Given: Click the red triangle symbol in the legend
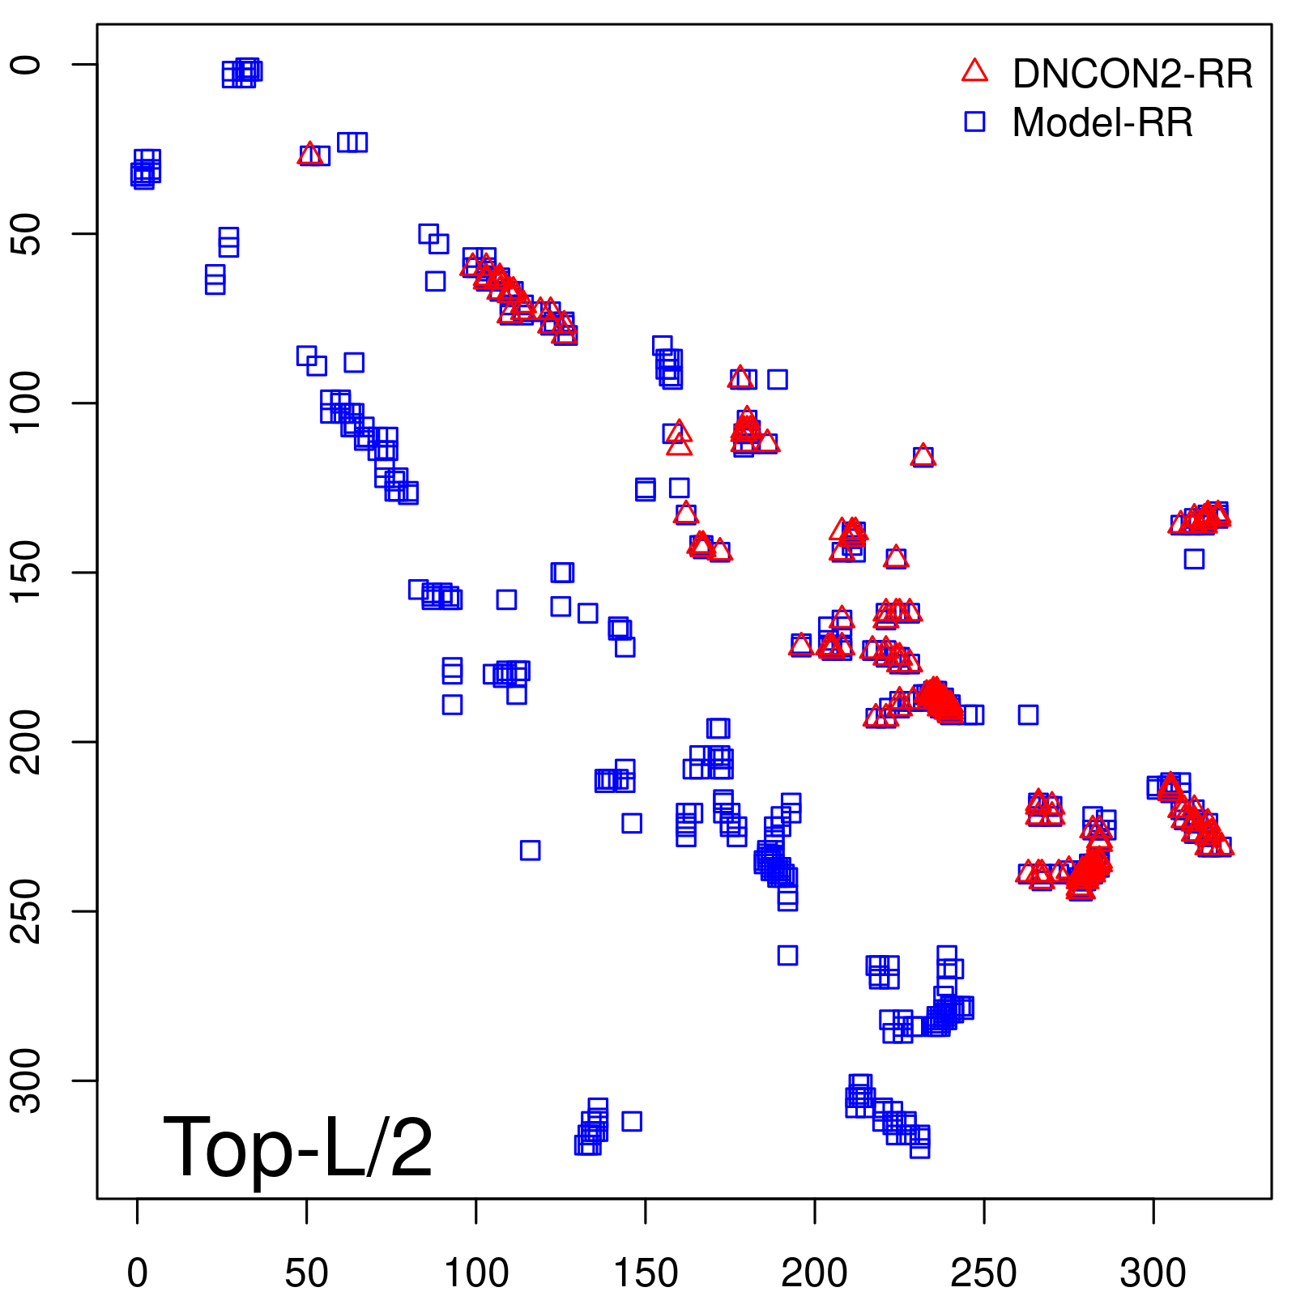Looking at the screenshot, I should click(x=974, y=71).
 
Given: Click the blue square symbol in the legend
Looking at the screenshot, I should click(x=974, y=122).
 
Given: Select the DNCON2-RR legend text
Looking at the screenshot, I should click(x=1132, y=75).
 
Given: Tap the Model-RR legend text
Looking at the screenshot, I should click(x=1102, y=123).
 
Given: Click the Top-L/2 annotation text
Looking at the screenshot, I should click(x=298, y=1147).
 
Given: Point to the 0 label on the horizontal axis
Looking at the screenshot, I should click(x=138, y=1273).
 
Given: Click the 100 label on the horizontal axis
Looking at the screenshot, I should click(x=476, y=1273).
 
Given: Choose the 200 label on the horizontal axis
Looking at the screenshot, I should click(x=815, y=1273).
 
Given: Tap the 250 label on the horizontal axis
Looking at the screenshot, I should click(x=984, y=1273).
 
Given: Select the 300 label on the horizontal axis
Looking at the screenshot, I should click(x=1153, y=1273).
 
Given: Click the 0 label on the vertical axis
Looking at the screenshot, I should click(x=26, y=65).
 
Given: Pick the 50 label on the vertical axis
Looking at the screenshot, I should click(x=26, y=234).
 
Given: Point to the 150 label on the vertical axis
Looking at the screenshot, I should click(x=26, y=573).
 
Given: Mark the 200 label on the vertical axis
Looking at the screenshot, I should click(x=26, y=742).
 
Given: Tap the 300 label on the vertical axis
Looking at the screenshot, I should click(x=26, y=1081).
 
